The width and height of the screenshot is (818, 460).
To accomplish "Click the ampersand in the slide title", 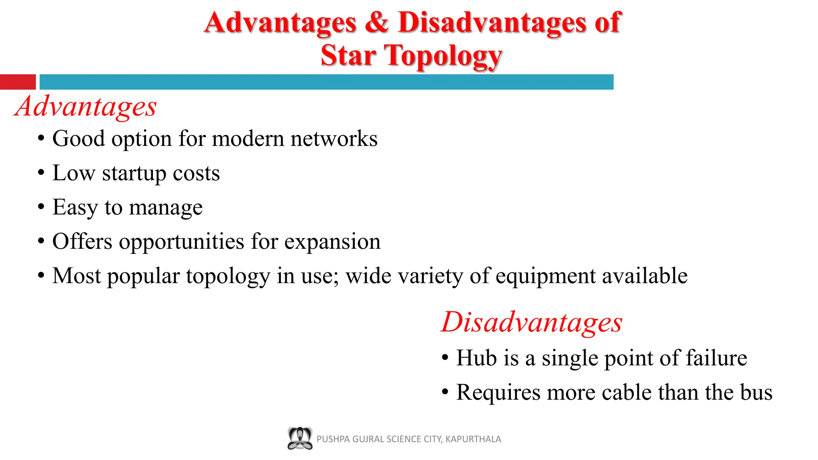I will [376, 22].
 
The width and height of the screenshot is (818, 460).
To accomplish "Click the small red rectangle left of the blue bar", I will [18, 82].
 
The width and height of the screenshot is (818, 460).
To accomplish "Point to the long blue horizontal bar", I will [326, 82].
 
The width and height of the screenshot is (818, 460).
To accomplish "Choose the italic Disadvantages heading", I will [532, 322].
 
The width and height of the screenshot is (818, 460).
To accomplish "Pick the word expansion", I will [332, 242].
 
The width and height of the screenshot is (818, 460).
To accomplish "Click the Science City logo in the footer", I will [300, 438].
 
